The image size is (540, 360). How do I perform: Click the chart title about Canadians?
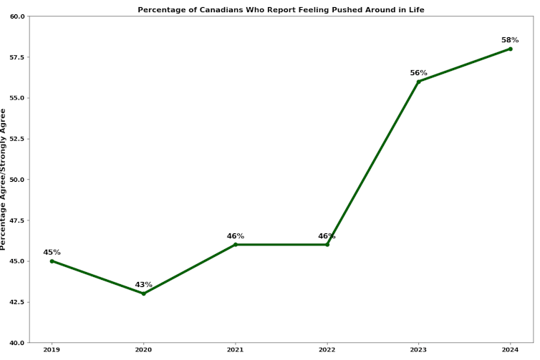(x=281, y=9)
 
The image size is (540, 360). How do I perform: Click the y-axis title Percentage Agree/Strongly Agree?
(x=4, y=179)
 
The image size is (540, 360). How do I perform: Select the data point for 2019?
(x=52, y=261)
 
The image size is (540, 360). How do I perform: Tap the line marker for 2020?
(x=143, y=293)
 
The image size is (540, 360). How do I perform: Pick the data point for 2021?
(x=236, y=245)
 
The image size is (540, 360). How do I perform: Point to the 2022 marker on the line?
(x=327, y=245)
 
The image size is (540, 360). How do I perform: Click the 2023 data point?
(x=419, y=82)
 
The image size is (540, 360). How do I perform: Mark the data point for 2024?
(x=511, y=49)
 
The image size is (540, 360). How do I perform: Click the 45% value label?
(x=52, y=252)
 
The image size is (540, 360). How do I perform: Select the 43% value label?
(x=143, y=285)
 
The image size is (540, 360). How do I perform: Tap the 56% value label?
(x=419, y=73)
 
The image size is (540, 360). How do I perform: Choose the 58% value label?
(x=511, y=40)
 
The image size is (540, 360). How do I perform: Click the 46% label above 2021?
(x=236, y=236)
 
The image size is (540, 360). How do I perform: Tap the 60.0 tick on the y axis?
(x=17, y=16)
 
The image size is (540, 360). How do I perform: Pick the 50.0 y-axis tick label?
(x=17, y=180)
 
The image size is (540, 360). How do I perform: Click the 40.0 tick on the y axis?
(x=17, y=343)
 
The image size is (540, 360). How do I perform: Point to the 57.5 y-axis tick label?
(x=17, y=57)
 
